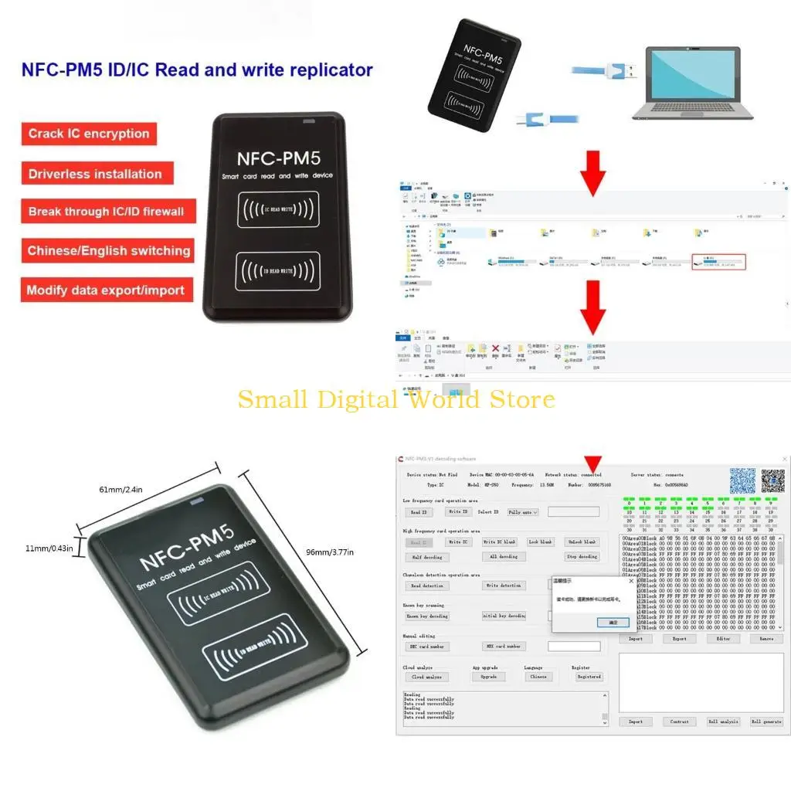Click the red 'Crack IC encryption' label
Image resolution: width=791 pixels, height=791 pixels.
(89, 134)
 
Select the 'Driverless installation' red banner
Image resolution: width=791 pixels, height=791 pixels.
(96, 173)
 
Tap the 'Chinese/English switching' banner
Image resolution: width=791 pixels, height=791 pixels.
(108, 250)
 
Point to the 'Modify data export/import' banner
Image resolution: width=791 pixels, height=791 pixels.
(106, 290)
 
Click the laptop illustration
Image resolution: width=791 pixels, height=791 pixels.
(692, 83)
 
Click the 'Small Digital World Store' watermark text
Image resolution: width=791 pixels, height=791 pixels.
(395, 399)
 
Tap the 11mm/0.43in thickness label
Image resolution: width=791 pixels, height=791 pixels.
(48, 548)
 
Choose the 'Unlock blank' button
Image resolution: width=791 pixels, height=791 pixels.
(582, 542)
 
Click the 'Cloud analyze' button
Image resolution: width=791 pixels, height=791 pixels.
(426, 677)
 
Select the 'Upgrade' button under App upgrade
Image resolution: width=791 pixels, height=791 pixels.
(488, 677)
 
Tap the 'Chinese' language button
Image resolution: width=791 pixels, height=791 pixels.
(538, 677)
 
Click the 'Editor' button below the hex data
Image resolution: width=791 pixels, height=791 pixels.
(723, 639)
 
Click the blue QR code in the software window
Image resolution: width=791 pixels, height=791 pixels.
(742, 480)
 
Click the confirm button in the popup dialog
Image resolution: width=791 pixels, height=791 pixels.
(613, 622)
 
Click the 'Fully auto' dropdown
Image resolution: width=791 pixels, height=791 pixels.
(523, 512)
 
